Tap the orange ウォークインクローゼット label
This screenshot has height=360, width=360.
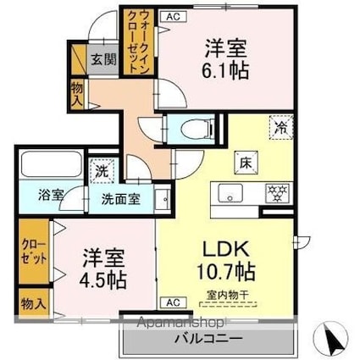[137, 44]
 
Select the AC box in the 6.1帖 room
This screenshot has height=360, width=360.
[173, 16]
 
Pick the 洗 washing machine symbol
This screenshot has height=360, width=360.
[102, 169]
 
